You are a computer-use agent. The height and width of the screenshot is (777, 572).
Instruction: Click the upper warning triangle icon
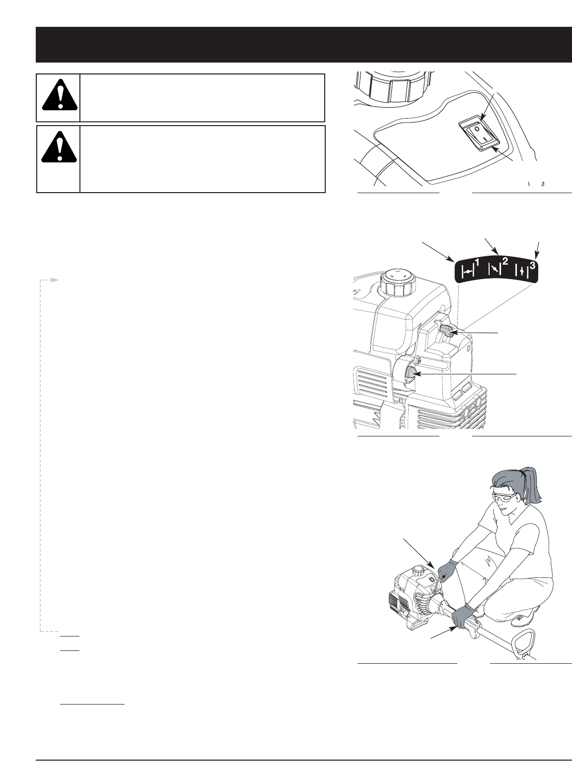click(60, 95)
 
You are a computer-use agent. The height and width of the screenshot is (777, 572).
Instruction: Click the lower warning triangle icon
click(60, 147)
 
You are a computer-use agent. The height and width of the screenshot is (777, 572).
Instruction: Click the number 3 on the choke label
click(532, 266)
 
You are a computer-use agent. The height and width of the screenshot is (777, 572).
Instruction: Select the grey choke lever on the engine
click(448, 330)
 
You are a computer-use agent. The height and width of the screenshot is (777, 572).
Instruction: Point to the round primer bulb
click(411, 374)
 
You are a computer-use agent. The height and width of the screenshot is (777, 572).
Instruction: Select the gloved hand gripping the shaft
click(464, 617)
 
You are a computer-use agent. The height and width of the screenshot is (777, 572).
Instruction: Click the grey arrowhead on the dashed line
click(54, 280)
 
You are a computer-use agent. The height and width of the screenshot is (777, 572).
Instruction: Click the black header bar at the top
click(304, 44)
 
